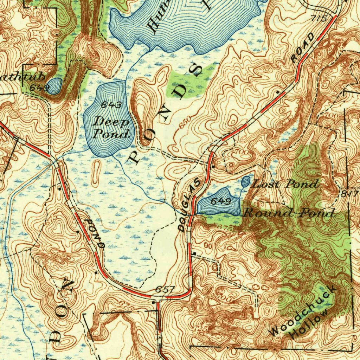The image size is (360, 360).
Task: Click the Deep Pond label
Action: tap(110, 127)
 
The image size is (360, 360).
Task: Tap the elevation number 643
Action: tap(111, 105)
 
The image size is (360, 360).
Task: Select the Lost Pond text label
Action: tap(286, 184)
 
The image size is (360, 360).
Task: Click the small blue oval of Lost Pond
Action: tap(246, 182)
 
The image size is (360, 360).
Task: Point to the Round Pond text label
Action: tap(288, 213)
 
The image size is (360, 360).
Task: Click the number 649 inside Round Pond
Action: tap(220, 201)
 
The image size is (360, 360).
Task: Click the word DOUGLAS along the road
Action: tap(190, 205)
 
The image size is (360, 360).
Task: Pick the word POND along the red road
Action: tap(95, 234)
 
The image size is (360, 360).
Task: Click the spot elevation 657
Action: tap(165, 289)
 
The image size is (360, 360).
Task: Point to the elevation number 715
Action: tap(319, 18)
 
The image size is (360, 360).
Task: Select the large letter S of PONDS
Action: tap(195, 70)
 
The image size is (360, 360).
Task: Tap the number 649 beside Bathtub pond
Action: tap(39, 88)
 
